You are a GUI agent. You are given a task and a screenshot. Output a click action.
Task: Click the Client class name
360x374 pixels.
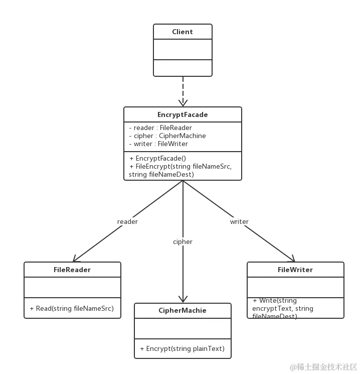182,32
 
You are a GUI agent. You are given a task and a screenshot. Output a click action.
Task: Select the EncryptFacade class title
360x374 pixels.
183,114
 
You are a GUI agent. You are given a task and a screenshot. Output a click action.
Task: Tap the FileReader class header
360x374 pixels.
72,270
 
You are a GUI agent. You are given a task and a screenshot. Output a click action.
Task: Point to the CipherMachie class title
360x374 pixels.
183,310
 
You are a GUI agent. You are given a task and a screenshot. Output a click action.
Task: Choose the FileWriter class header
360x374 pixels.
295,270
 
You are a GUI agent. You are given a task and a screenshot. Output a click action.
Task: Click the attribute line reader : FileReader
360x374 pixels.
160,128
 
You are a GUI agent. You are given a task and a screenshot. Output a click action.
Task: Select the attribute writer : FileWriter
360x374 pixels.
158,144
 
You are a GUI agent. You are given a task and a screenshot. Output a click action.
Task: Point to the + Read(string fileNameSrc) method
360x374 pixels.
72,308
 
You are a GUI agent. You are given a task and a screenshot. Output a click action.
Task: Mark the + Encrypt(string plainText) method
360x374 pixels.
182,348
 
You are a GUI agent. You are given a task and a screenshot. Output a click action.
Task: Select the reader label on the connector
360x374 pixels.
127,221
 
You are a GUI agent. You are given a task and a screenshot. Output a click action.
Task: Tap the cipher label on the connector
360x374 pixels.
183,241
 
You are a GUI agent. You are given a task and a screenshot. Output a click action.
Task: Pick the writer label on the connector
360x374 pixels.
239,221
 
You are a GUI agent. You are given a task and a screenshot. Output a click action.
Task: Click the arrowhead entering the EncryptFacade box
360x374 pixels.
183,100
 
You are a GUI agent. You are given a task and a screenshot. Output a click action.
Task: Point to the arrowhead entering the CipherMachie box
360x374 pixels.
183,297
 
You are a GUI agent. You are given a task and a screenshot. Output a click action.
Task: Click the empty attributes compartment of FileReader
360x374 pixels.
72,287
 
